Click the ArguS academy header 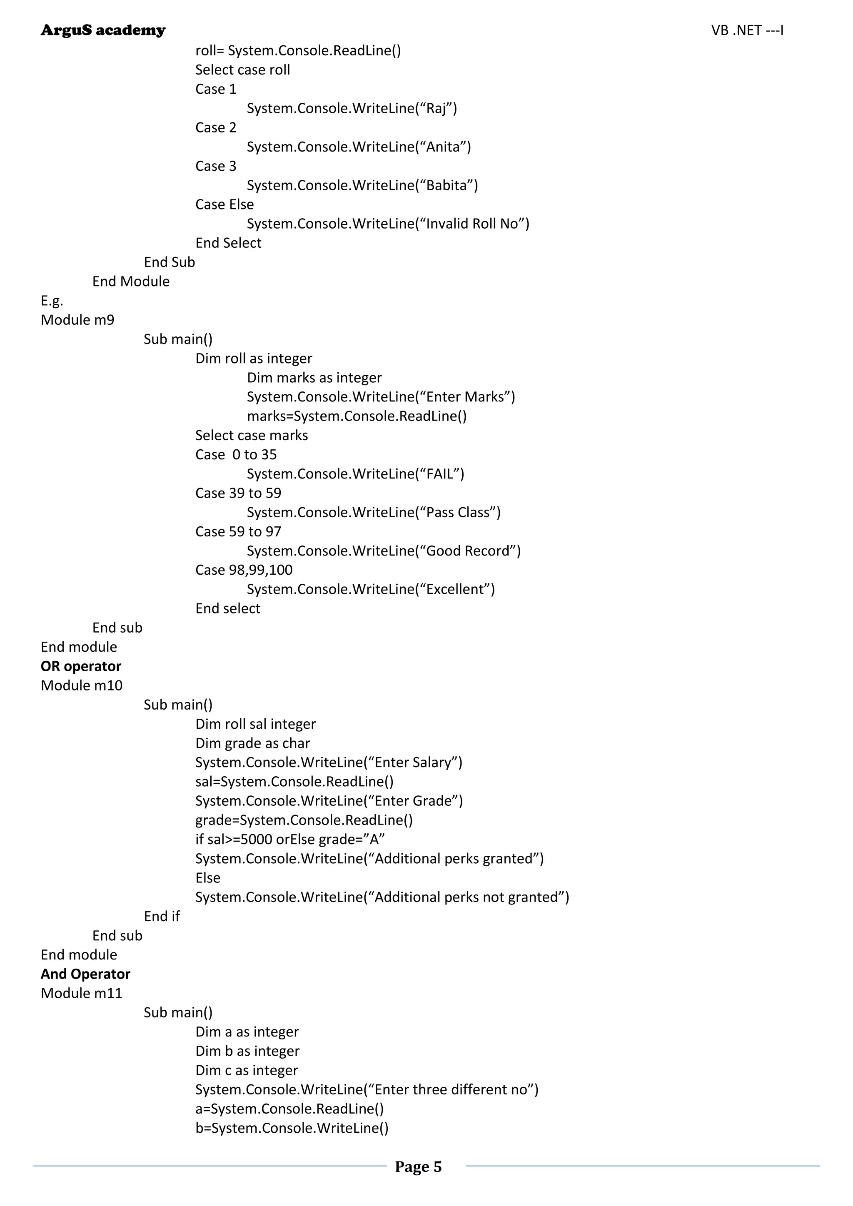pos(103,30)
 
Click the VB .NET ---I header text pos(747,30)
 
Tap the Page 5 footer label pos(418,1166)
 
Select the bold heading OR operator pos(81,666)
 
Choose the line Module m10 pos(81,685)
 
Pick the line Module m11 pos(81,993)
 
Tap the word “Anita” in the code pos(443,147)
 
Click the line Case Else pos(224,204)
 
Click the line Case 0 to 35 pos(236,454)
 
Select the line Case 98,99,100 pos(244,570)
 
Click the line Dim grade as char pos(253,743)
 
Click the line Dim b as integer pos(247,1051)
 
